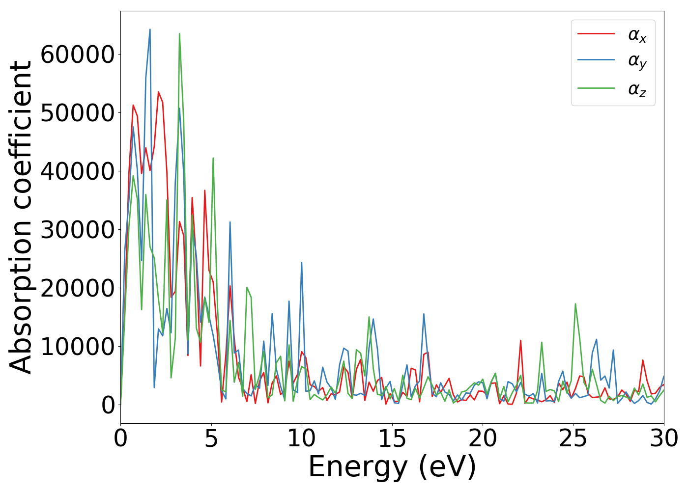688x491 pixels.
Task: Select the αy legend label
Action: point(637,61)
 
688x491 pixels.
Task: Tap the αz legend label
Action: point(637,89)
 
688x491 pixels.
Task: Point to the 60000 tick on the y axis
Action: point(77,55)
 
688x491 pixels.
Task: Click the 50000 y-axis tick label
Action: point(77,113)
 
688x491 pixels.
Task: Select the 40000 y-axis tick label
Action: point(77,171)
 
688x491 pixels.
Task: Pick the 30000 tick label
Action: point(77,230)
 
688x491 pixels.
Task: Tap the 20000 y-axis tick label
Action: point(77,288)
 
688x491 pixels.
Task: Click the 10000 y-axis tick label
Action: point(77,347)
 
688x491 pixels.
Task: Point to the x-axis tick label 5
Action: point(211,438)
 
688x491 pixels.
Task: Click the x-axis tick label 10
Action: point(302,438)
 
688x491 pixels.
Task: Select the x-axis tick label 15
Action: point(392,438)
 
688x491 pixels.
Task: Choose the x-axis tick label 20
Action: point(483,438)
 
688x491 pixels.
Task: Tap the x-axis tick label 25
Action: point(573,438)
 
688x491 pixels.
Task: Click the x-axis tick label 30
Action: point(663,438)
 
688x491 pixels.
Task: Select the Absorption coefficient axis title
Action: point(21,217)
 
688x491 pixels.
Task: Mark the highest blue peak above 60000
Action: point(150,29)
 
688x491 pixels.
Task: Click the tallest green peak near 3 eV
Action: point(179,34)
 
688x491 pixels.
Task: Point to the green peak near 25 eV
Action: point(575,304)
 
